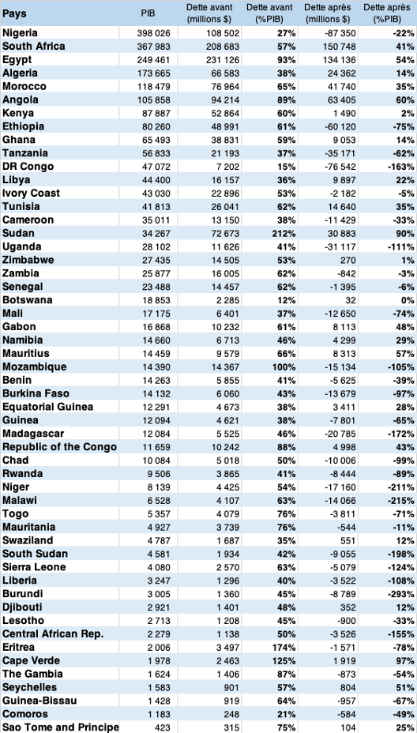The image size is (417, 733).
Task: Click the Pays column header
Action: (14, 13)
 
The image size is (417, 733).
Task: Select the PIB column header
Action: (148, 13)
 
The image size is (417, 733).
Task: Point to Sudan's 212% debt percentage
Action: (284, 233)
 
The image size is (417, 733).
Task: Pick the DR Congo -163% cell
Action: (403, 167)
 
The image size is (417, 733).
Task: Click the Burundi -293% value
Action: (403, 594)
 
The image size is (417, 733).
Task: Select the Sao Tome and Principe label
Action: (60, 727)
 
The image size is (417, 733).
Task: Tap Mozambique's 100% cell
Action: (284, 367)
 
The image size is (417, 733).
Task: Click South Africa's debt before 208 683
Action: (223, 47)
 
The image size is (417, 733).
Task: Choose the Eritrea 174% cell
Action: (284, 648)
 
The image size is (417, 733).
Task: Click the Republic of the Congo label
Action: (59, 447)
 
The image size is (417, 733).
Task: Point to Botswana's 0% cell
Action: (408, 300)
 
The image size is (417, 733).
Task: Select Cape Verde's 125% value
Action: (284, 661)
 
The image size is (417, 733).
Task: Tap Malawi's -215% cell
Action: (403, 501)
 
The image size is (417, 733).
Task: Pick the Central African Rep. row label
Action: (53, 634)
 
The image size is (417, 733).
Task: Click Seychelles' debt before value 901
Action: (232, 688)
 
